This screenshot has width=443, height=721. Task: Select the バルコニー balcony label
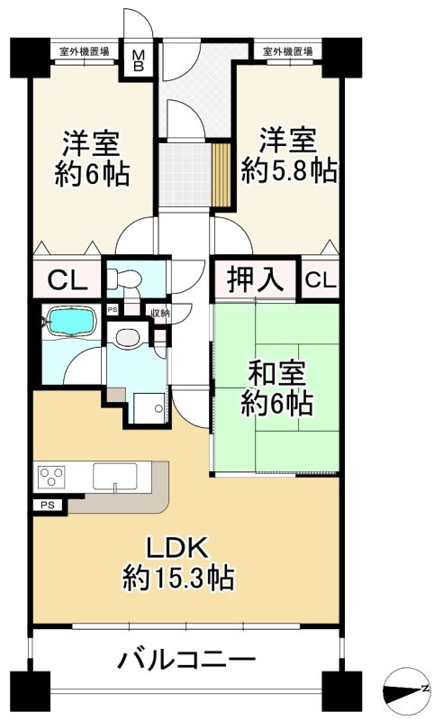(186, 661)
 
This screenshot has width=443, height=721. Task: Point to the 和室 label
(276, 372)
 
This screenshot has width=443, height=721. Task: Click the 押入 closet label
(255, 280)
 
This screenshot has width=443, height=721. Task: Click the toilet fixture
(122, 280)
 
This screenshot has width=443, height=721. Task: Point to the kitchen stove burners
(52, 476)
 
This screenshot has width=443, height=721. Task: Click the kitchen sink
(114, 475)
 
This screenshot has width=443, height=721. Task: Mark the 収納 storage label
(159, 314)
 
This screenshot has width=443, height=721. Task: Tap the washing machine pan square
(148, 406)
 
